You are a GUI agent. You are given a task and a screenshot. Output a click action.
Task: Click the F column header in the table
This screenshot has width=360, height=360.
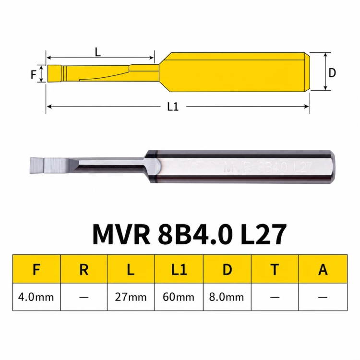pyautogui.click(x=36, y=269)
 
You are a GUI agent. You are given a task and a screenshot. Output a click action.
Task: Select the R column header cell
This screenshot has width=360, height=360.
pyautogui.click(x=84, y=269)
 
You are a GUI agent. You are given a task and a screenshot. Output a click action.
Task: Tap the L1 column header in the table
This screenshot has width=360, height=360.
pyautogui.click(x=179, y=269)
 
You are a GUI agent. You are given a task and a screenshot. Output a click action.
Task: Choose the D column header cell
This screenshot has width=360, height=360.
pyautogui.click(x=228, y=269)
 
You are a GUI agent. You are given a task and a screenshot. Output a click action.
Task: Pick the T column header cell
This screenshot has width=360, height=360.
pyautogui.click(x=275, y=269)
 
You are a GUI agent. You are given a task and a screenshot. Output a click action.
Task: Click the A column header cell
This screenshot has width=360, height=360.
pyautogui.click(x=323, y=269)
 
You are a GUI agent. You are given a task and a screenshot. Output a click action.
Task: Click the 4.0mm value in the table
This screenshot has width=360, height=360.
pyautogui.click(x=36, y=297)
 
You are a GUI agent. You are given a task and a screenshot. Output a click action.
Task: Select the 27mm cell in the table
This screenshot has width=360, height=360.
pyautogui.click(x=131, y=297)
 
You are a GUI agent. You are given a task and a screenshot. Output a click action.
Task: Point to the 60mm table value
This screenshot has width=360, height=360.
pyautogui.click(x=179, y=297)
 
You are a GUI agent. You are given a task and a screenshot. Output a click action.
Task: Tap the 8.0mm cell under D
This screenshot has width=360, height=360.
pyautogui.click(x=227, y=297)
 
